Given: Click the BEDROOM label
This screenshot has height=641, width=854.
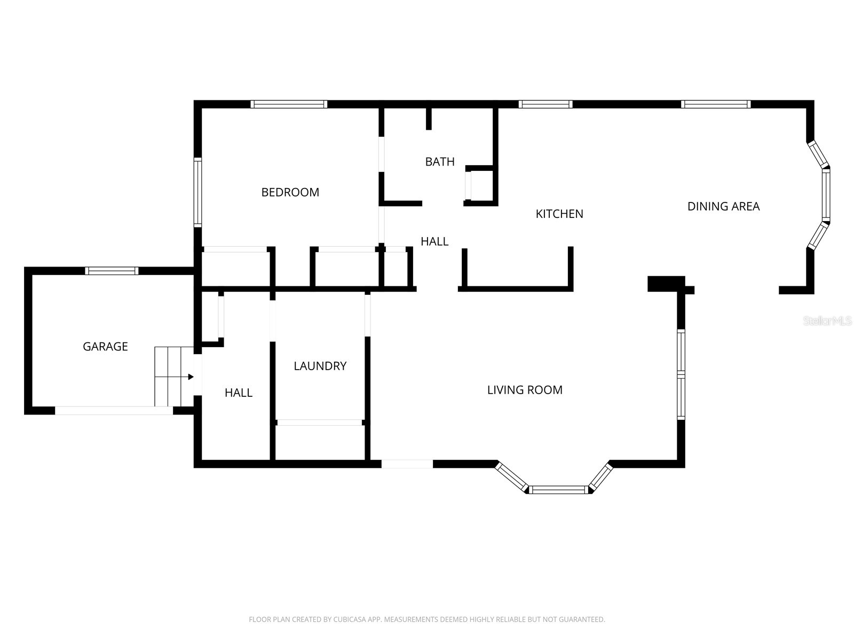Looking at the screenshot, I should pyautogui.click(x=290, y=192).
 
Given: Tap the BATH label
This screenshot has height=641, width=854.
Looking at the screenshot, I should pyautogui.click(x=440, y=161).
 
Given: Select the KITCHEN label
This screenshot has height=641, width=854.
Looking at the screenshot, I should pyautogui.click(x=559, y=214).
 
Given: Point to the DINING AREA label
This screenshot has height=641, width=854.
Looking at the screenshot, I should pyautogui.click(x=723, y=206).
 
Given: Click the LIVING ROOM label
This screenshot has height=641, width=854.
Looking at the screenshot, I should pyautogui.click(x=525, y=390).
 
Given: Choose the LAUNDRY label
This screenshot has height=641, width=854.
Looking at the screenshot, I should pyautogui.click(x=320, y=366).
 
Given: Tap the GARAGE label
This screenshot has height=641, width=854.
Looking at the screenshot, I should pyautogui.click(x=105, y=347).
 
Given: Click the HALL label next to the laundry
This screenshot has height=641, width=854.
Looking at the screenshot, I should pyautogui.click(x=238, y=393).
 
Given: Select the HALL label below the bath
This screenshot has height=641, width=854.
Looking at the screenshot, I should pyautogui.click(x=434, y=241).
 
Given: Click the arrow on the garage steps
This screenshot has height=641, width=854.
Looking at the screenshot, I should pyautogui.click(x=189, y=377).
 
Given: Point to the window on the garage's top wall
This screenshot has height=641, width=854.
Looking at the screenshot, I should pyautogui.click(x=112, y=271).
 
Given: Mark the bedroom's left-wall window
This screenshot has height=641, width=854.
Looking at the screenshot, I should pyautogui.click(x=197, y=192).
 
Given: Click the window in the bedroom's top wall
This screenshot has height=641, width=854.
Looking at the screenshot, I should pyautogui.click(x=289, y=104).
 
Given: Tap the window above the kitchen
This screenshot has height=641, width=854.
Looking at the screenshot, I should pyautogui.click(x=545, y=104).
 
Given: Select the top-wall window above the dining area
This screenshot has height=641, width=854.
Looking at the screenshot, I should pyautogui.click(x=716, y=104).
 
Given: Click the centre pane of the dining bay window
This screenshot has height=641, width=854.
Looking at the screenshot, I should pyautogui.click(x=826, y=195).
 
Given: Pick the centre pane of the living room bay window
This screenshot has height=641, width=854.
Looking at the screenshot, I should pyautogui.click(x=559, y=489).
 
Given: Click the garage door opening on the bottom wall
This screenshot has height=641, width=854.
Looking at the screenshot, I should pyautogui.click(x=114, y=410).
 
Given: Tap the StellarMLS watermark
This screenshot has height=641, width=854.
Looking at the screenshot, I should pyautogui.click(x=827, y=321).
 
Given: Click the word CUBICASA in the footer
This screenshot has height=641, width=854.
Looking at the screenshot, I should pyautogui.click(x=350, y=620).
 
